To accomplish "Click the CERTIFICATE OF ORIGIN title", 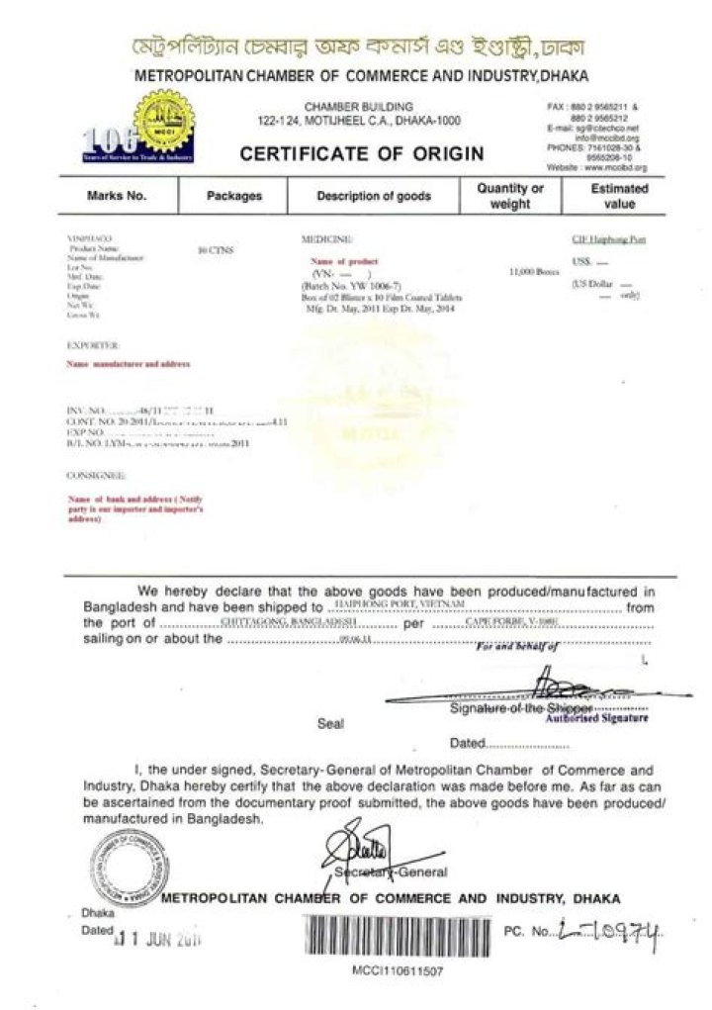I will point(361,153).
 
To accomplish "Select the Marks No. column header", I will point(117,196).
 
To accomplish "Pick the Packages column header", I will point(233,196).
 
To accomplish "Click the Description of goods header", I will point(373,196).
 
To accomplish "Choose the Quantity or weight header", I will point(510,196).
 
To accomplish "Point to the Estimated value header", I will point(619,196).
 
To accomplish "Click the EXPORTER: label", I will point(93,345).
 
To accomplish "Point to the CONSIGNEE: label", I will point(95,477).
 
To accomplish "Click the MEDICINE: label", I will point(326,240).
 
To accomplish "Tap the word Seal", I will point(330,723).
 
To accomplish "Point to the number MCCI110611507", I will point(398,970).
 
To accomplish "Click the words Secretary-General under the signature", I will point(390,872).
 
